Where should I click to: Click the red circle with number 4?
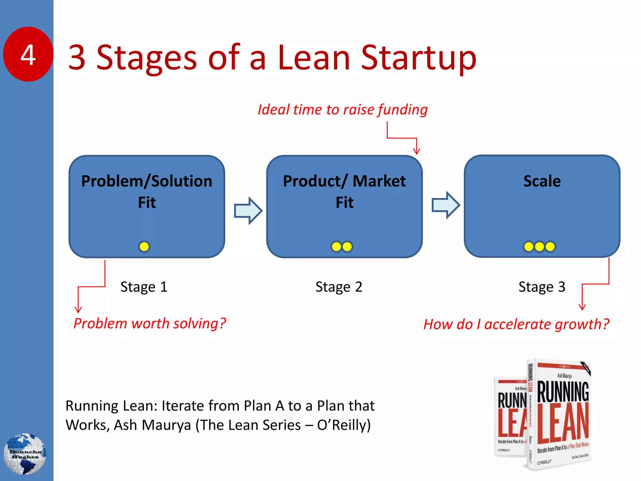(x=28, y=54)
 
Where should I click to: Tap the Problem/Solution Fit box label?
(x=147, y=191)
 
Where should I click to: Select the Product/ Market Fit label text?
(x=344, y=191)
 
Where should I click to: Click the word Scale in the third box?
(x=542, y=181)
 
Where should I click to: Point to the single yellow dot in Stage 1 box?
(x=144, y=247)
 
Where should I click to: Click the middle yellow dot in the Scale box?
(x=539, y=247)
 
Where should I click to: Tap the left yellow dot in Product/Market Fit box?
(x=336, y=247)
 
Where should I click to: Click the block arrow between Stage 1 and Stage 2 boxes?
(x=248, y=210)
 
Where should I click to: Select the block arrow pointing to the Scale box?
(x=446, y=205)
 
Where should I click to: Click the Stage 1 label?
(x=144, y=287)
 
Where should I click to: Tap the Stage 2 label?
(x=339, y=287)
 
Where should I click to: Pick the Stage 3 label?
(x=542, y=287)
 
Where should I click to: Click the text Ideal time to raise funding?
(x=342, y=110)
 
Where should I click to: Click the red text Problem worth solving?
(x=150, y=323)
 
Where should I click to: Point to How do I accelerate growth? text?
(x=516, y=324)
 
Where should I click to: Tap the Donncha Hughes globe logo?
(x=25, y=454)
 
